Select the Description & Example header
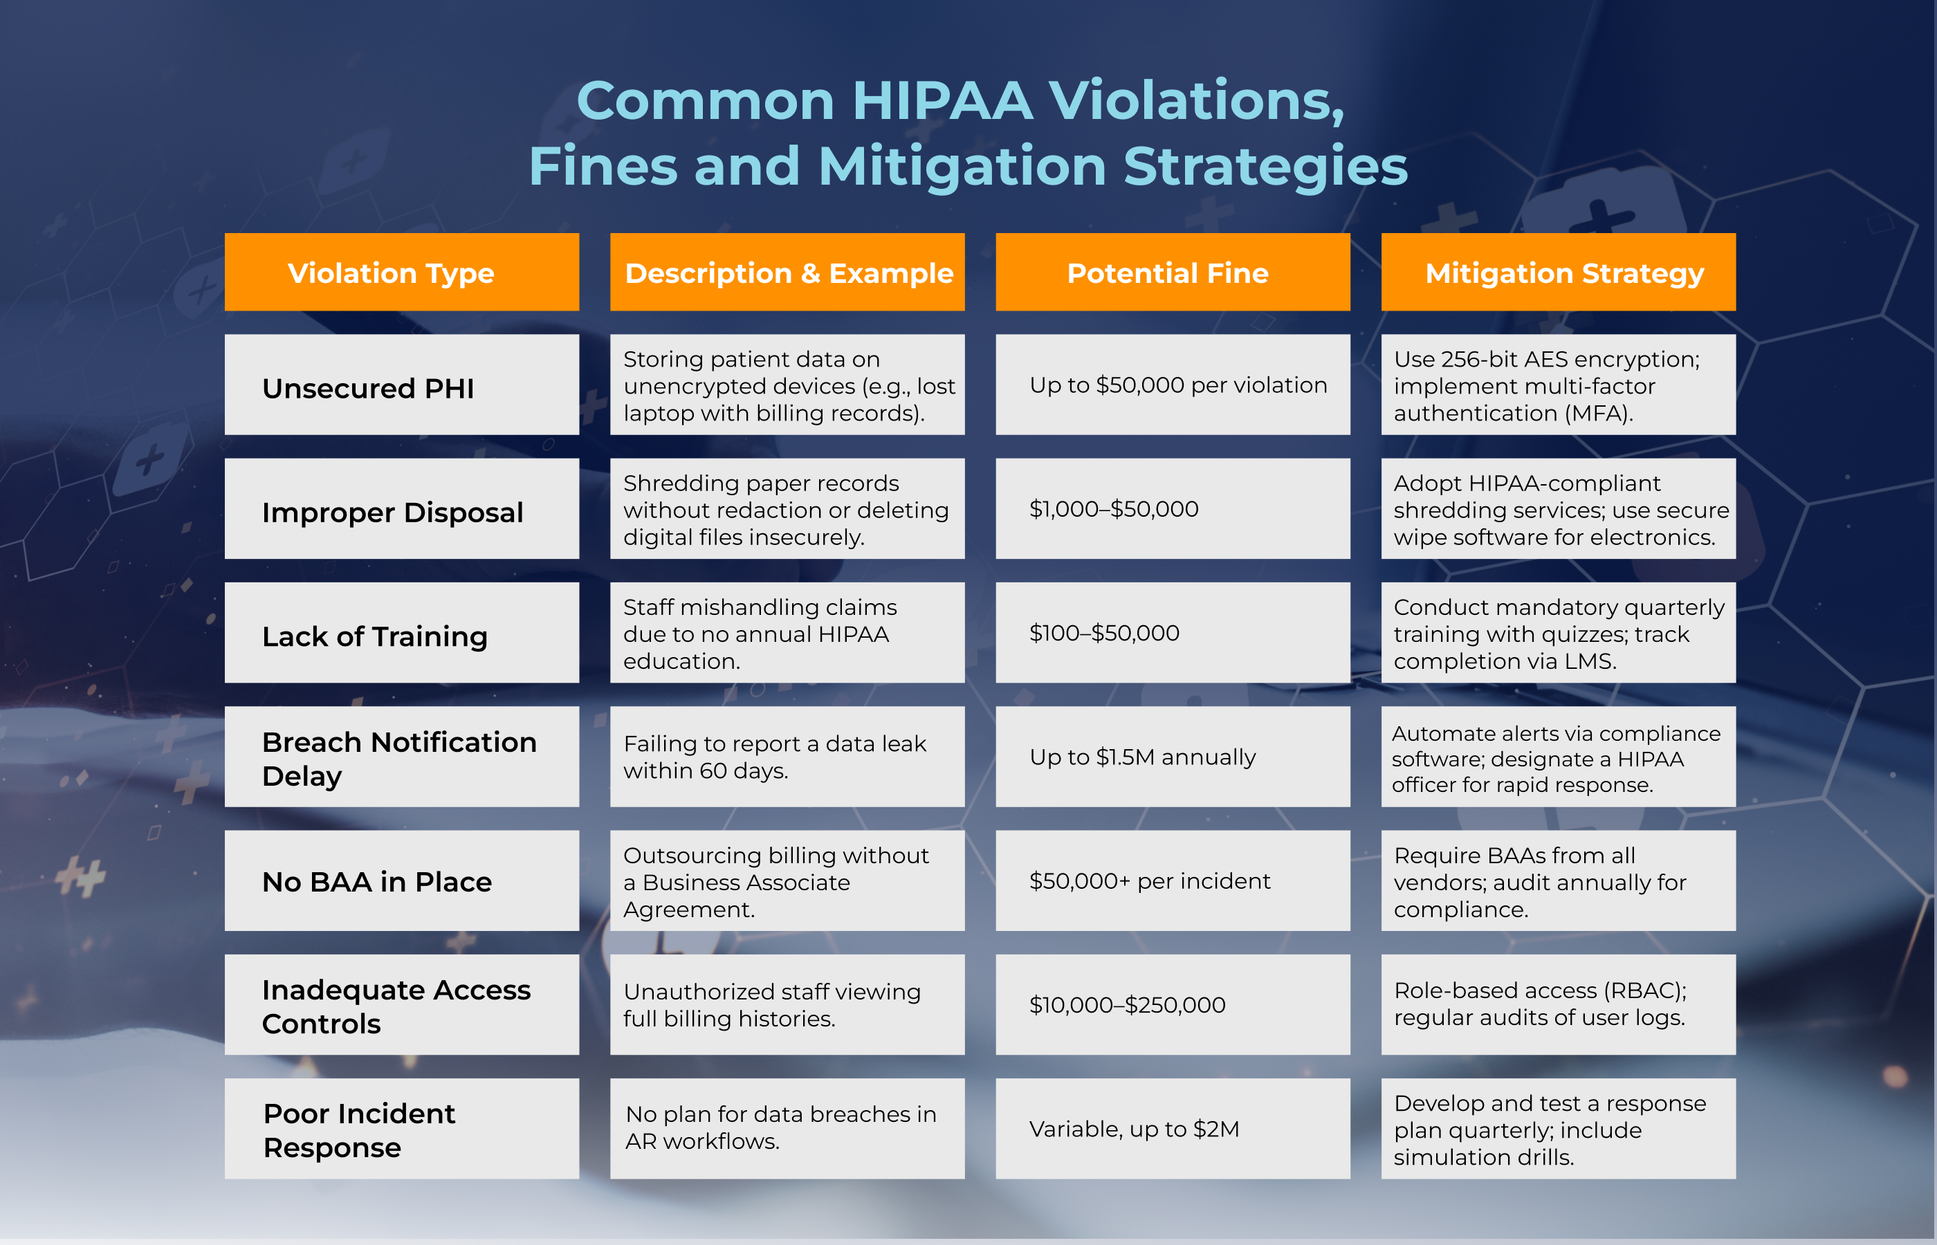click(x=787, y=273)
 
